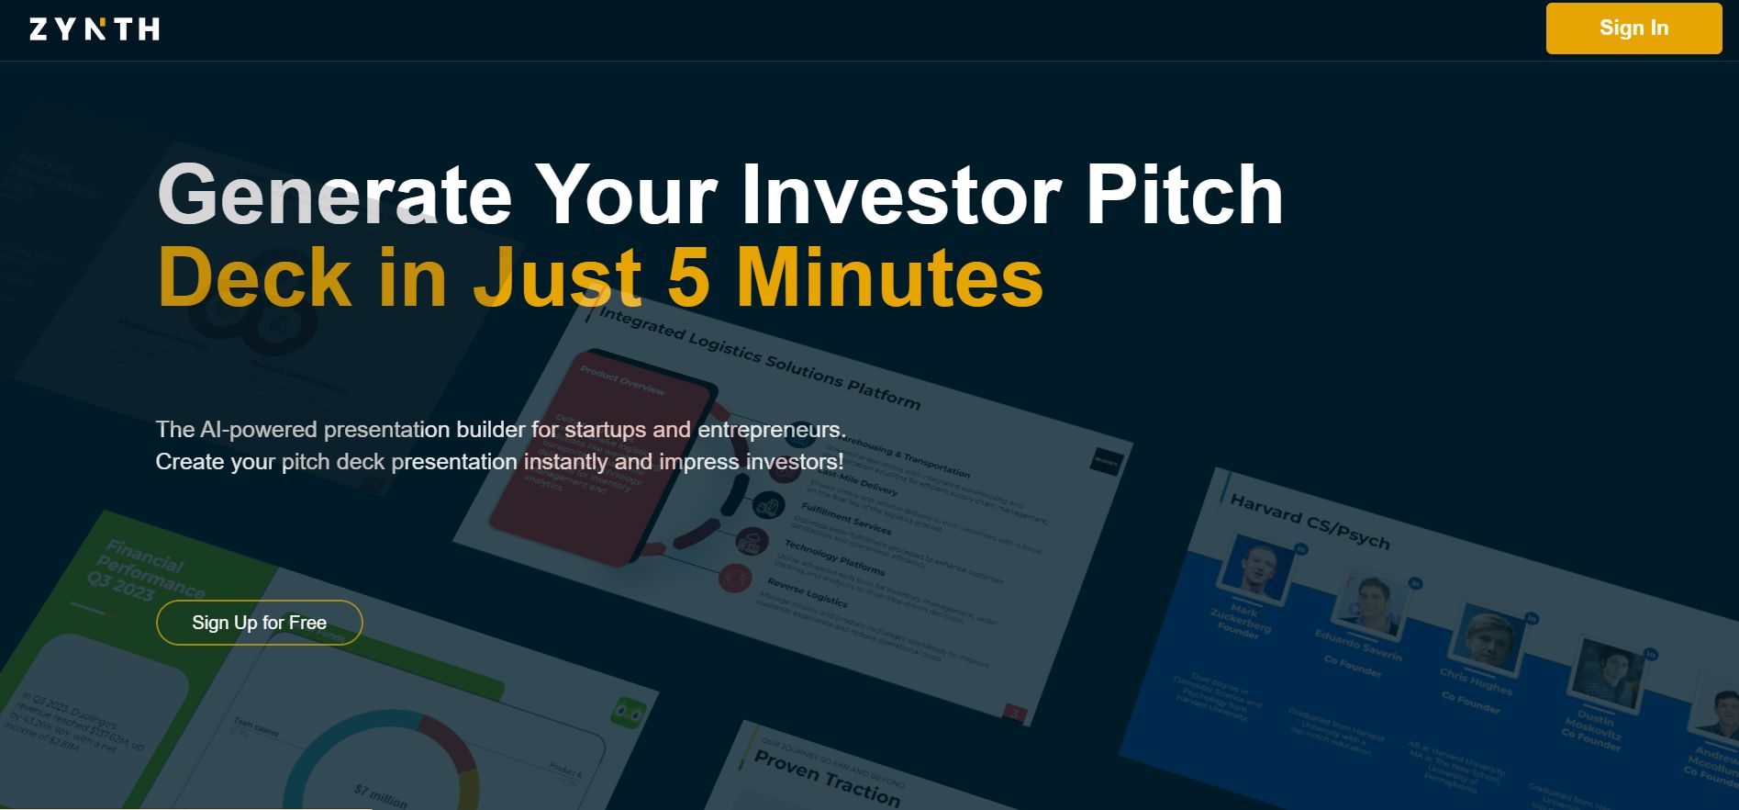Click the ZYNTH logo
click(x=95, y=29)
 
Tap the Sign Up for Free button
click(x=259, y=623)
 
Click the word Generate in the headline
click(x=334, y=195)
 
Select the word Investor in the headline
click(x=900, y=195)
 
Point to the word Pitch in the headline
click(x=1184, y=195)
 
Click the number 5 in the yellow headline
click(x=688, y=277)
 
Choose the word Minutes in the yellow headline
click(x=890, y=277)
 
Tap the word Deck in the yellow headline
click(x=254, y=277)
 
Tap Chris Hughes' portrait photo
click(x=1487, y=636)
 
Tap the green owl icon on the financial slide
click(x=629, y=713)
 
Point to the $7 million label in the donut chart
click(x=381, y=795)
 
